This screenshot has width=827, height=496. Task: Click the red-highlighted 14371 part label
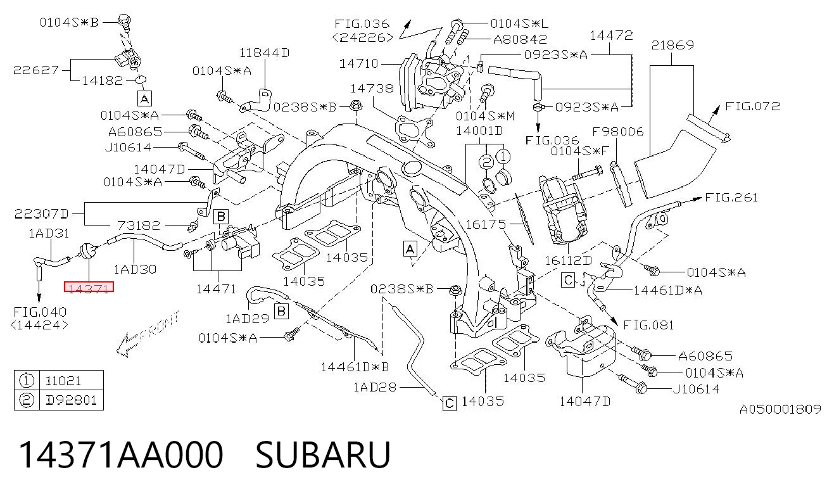point(89,287)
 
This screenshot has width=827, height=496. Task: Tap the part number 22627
point(36,70)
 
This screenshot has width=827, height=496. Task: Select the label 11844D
point(264,53)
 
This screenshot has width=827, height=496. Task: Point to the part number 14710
point(358,63)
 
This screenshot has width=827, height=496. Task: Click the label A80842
point(520,39)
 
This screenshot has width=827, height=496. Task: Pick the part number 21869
point(672,45)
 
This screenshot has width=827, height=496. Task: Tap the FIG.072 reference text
point(753,106)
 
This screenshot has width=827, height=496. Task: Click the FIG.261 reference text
point(731,198)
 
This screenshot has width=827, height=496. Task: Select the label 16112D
point(569,261)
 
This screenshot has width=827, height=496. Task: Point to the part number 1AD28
point(375,387)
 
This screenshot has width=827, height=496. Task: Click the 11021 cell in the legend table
point(63,381)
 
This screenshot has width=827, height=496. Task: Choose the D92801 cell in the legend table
point(71,400)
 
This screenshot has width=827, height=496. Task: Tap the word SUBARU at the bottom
point(323,455)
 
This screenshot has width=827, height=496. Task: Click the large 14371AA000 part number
point(121,455)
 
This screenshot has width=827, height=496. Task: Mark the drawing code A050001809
point(780,409)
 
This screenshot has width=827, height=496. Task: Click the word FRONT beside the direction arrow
point(160,326)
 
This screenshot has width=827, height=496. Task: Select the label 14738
point(372,89)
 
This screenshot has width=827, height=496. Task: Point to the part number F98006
point(617,132)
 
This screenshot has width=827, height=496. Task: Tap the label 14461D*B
point(355,367)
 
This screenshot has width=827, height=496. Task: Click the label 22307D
point(41,214)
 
